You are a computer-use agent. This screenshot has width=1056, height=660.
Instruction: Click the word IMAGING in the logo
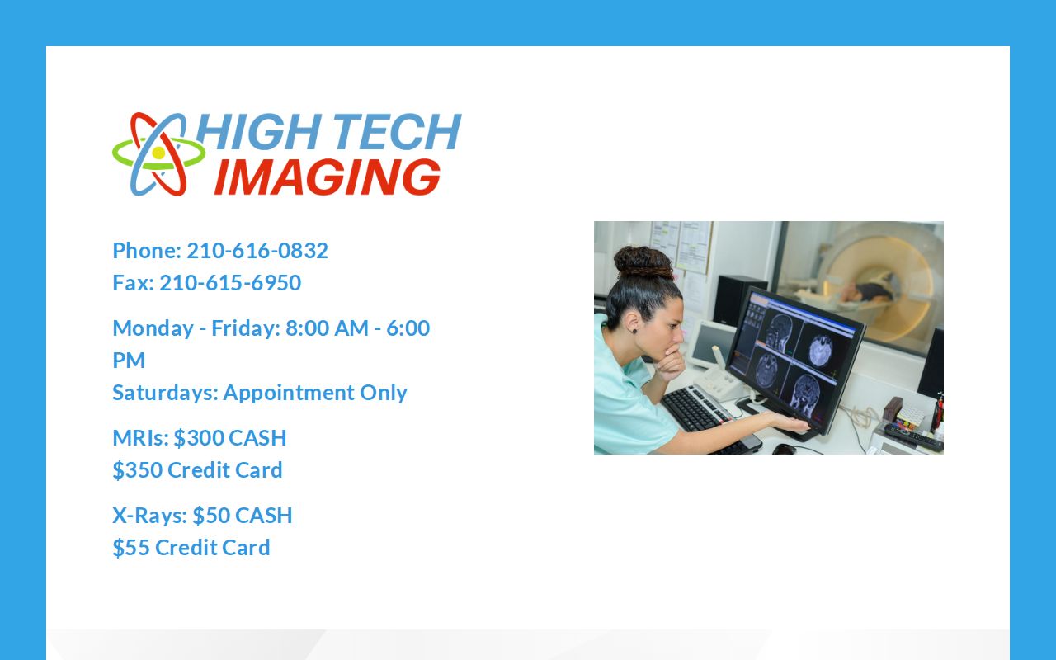(x=328, y=177)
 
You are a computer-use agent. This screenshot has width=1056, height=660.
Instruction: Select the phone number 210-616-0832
(x=257, y=251)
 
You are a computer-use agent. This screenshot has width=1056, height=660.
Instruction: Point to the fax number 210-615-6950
(x=230, y=283)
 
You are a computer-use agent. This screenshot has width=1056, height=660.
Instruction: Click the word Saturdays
(x=163, y=393)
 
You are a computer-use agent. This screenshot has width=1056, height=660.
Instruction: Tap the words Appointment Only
(x=315, y=393)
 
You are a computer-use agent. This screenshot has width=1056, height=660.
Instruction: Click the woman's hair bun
(x=643, y=262)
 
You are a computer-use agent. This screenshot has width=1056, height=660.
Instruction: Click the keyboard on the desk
(x=701, y=413)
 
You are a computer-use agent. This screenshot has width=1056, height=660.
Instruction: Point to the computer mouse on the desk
(x=784, y=449)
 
